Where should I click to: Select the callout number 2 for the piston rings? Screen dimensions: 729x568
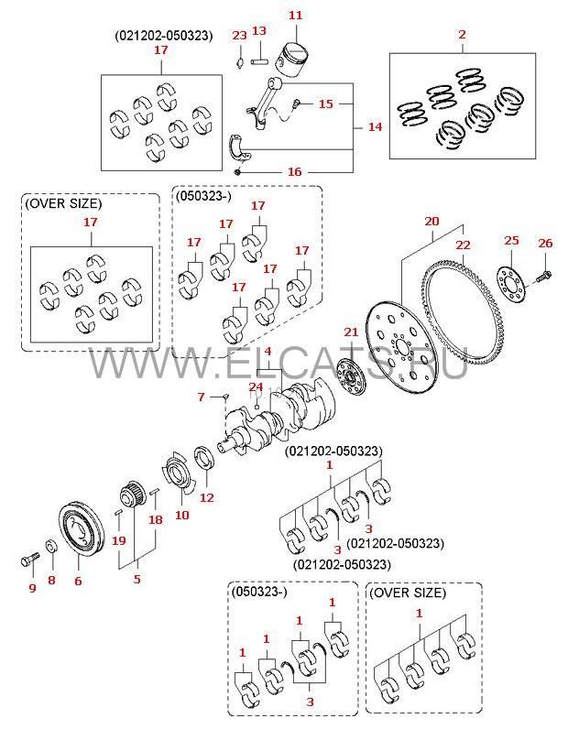tap(462, 35)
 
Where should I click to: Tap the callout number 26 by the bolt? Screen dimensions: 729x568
tap(545, 243)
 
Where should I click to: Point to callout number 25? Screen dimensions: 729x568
tap(511, 240)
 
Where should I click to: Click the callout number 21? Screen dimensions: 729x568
tap(348, 332)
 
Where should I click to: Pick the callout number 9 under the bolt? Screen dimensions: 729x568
tap(31, 587)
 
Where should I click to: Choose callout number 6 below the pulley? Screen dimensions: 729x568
tap(78, 580)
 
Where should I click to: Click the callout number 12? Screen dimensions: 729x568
tap(207, 497)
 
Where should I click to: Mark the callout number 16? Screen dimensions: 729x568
tap(294, 171)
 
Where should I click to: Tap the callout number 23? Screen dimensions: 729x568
tap(238, 35)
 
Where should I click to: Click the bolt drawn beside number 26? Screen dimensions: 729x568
tap(546, 274)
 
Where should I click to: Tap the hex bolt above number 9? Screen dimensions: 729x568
tap(28, 555)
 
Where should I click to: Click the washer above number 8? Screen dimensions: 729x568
tap(51, 547)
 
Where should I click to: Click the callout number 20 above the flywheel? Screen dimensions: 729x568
tap(432, 221)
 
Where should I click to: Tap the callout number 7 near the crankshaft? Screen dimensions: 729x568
tap(201, 397)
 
